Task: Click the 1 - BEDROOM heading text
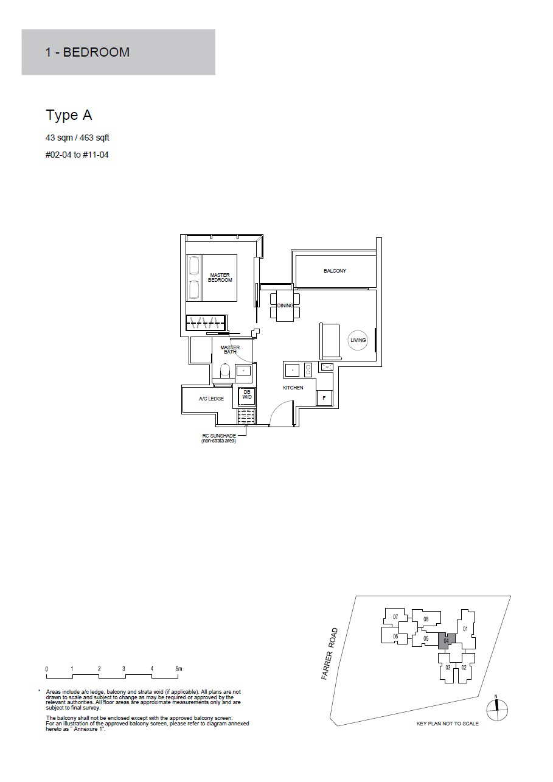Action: coord(87,52)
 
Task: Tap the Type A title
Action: coord(69,115)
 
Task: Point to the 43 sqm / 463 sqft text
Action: coord(77,138)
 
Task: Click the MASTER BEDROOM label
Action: coord(220,278)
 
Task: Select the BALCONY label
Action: coord(335,271)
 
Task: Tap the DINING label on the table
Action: coord(285,305)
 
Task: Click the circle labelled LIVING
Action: coord(358,340)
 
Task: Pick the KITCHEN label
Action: coord(293,388)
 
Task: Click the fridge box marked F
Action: coord(324,397)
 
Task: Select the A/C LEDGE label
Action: coord(211,399)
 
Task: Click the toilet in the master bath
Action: coord(225,371)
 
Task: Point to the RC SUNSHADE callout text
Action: coord(219,438)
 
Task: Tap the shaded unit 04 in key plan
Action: coord(447,641)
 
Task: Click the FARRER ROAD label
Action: coord(330,654)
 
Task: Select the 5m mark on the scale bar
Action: coord(179,669)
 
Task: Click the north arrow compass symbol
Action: coord(497,710)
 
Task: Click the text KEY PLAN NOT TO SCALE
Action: coord(448,724)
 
